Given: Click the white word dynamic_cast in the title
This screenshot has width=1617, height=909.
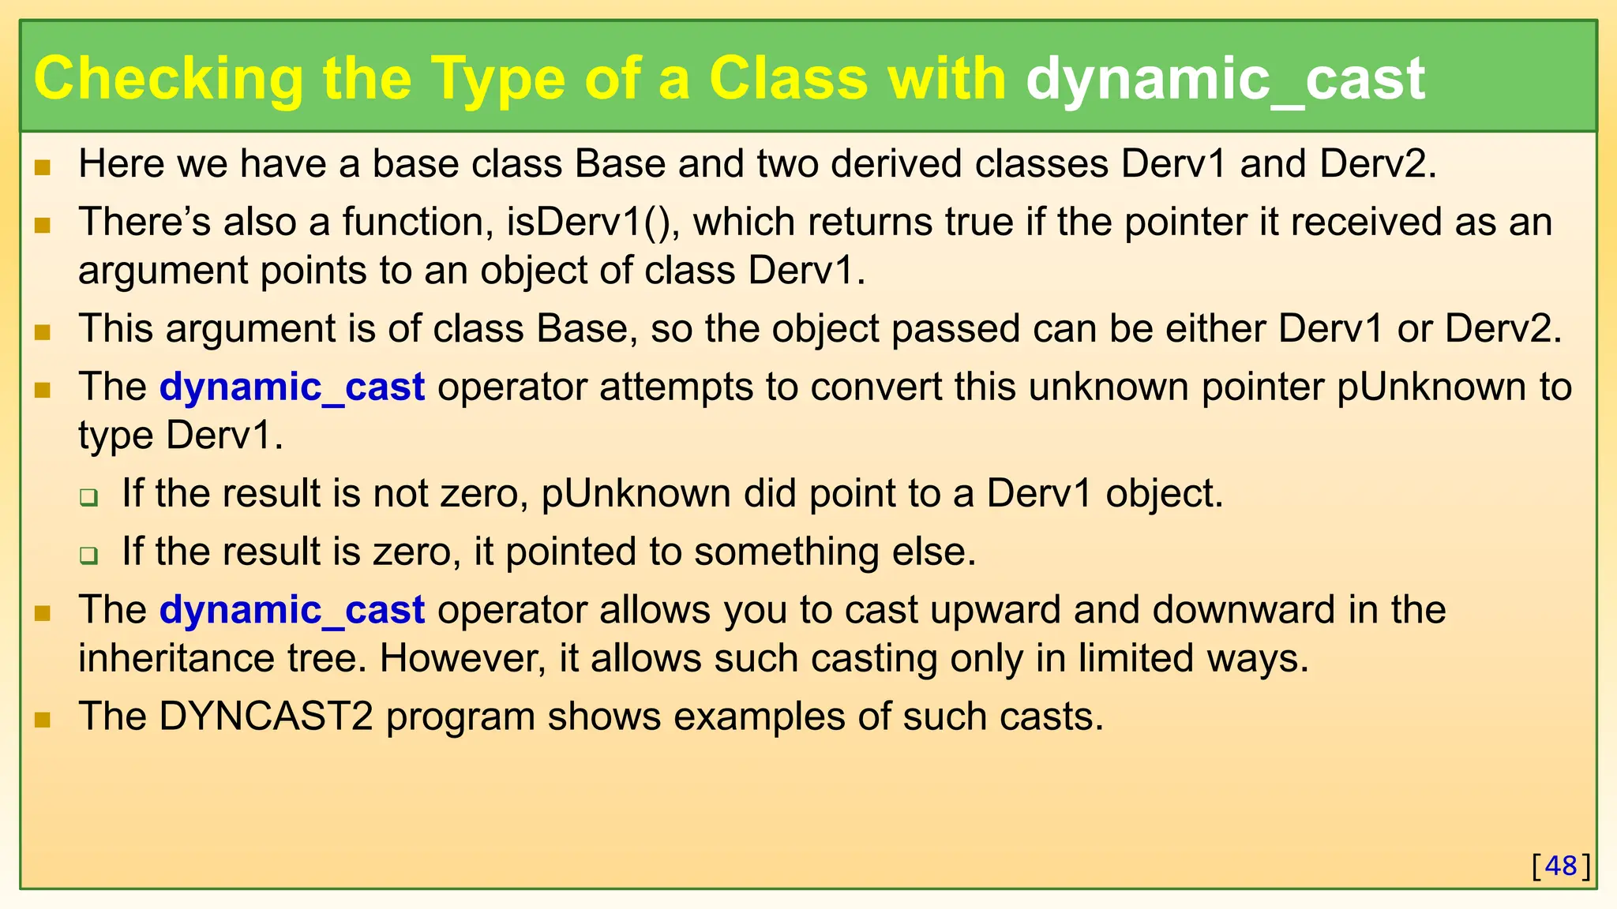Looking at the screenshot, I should pos(1225,79).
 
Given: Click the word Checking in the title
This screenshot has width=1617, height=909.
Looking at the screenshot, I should pos(168,79).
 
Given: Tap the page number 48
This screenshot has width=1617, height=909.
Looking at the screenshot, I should pos(1561,866).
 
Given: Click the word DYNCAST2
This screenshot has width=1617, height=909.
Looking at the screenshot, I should pos(266,716).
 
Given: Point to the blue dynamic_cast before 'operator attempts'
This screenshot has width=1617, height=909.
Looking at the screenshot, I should pos(292,387).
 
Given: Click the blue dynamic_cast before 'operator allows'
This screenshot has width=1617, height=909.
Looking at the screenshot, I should pos(292,610).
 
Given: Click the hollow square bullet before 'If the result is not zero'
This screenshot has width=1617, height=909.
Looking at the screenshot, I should pos(88,497).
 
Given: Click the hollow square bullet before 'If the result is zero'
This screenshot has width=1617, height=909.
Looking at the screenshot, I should pos(88,555).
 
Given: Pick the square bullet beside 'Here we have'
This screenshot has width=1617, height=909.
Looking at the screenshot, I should pos(43,166).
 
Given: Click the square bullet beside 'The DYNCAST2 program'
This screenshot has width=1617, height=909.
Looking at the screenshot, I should pos(43,719).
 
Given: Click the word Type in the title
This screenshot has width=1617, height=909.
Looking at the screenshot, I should pos(497,79).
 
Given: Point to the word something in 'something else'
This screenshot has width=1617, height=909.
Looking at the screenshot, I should pos(786,552).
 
